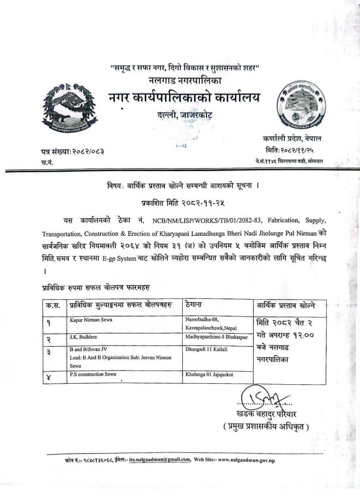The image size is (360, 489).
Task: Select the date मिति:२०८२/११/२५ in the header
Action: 291,150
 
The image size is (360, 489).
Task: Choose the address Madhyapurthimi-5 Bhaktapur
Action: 215,337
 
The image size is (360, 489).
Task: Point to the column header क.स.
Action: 53,306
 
